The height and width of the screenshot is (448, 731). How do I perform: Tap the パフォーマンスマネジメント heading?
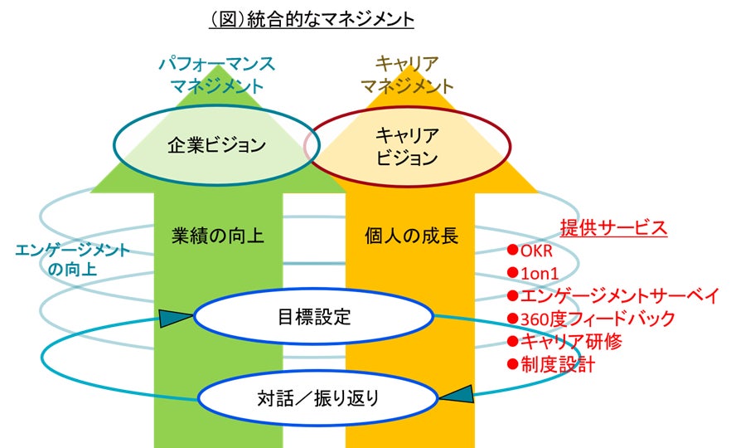tap(218, 74)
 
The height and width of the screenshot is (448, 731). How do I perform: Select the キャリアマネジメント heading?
tap(407, 74)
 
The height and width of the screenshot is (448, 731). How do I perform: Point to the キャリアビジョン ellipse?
tap(406, 146)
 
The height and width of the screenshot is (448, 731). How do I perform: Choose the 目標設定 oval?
tap(312, 316)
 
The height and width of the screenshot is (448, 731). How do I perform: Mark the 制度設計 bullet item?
tap(550, 363)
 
